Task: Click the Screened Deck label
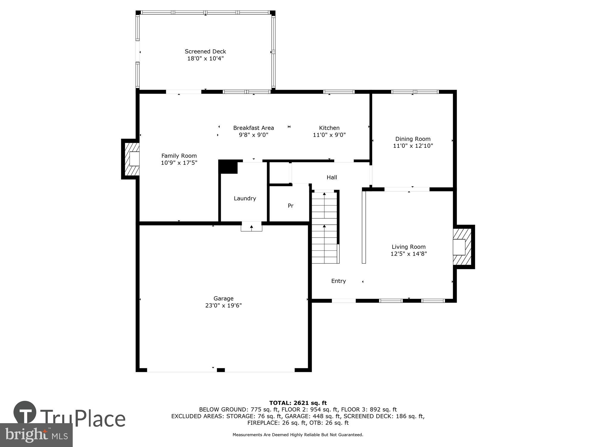[205, 52]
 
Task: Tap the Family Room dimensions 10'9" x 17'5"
[179, 163]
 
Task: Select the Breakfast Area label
[253, 128]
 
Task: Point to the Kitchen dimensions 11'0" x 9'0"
[329, 135]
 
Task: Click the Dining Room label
[413, 139]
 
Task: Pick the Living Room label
[408, 247]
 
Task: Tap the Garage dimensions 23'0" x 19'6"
[223, 305]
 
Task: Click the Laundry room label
[245, 198]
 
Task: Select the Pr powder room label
[291, 206]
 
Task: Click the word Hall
[332, 177]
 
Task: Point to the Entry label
[339, 281]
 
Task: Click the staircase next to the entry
[325, 228]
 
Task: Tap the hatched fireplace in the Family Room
[132, 159]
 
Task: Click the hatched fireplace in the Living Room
[462, 247]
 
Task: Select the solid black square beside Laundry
[228, 167]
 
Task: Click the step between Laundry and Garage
[252, 227]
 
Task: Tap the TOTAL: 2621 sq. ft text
[298, 403]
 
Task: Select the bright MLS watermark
[36, 435]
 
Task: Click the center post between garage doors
[221, 370]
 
